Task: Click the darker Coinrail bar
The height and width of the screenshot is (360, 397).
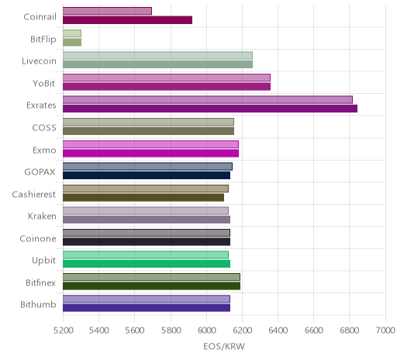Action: pos(127,20)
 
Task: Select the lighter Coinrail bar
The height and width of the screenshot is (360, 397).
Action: pos(107,11)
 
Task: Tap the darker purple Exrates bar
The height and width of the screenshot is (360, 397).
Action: pos(210,109)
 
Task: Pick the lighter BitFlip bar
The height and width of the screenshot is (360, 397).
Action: pos(72,33)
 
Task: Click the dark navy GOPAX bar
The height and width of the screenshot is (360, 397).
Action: pos(147,175)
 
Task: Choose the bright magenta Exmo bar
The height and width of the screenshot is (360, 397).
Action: pos(150,153)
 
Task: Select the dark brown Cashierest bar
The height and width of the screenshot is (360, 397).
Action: pos(143,197)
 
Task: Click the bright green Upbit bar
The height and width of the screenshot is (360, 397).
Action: pos(147,264)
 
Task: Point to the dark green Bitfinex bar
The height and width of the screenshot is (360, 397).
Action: pos(151,286)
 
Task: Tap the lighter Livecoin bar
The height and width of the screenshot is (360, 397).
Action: pos(157,55)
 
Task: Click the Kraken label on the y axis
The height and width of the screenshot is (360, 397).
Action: pos(42,216)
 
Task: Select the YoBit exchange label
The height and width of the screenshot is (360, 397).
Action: pos(44,83)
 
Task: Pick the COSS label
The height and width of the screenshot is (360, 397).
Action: pos(44,127)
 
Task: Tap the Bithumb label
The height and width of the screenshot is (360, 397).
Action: pos(38,304)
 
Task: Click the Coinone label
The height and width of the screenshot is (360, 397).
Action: pos(38,238)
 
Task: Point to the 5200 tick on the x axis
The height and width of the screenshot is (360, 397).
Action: pos(63,331)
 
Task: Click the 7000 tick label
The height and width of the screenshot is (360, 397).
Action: pos(385,331)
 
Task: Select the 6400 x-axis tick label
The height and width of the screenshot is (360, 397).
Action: pos(278,331)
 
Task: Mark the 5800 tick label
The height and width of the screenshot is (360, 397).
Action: pos(171,331)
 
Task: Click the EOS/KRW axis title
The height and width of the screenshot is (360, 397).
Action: pos(224,346)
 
